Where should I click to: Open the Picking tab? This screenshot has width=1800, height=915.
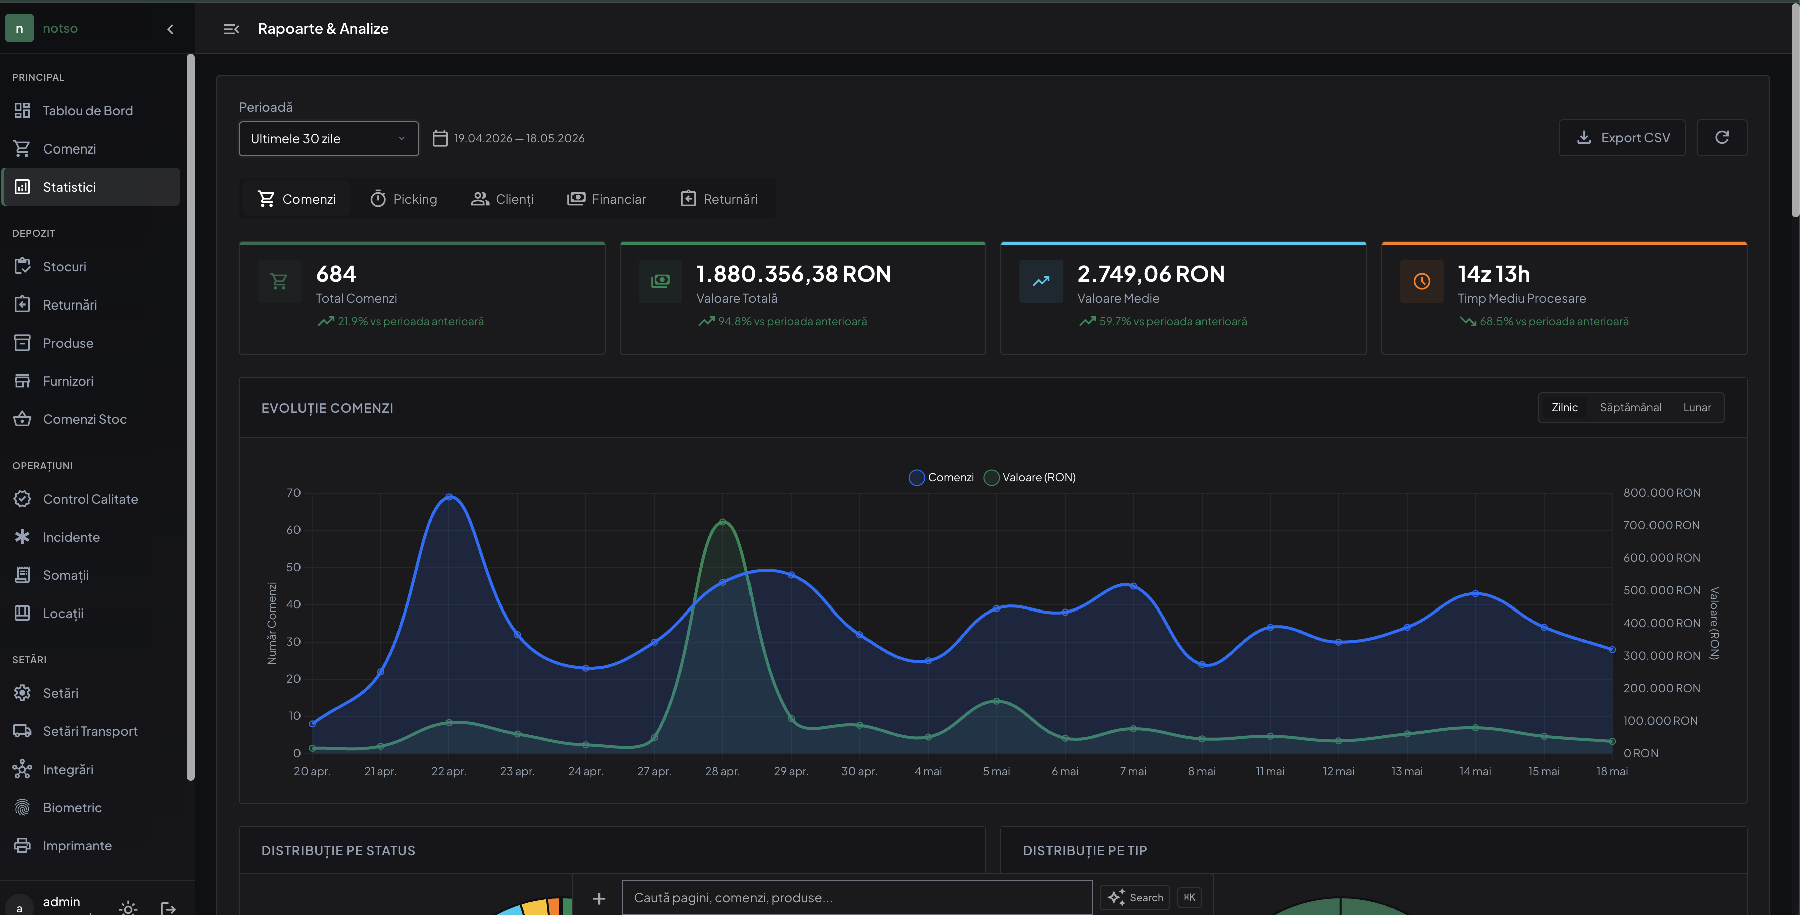(x=403, y=199)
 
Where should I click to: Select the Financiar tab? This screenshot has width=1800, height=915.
(x=606, y=199)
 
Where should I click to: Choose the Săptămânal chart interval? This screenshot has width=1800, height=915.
(x=1630, y=407)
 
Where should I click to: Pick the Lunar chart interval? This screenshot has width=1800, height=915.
(x=1697, y=407)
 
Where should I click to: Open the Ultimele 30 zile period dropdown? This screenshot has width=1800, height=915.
(x=329, y=138)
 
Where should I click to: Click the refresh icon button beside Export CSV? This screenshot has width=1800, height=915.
(x=1722, y=137)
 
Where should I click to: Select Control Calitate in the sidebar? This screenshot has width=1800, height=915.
(x=90, y=499)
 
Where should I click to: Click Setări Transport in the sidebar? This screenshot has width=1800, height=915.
(x=90, y=731)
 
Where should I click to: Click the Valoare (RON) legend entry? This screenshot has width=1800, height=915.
(x=1029, y=477)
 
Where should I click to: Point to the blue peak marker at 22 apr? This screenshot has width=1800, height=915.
(x=448, y=497)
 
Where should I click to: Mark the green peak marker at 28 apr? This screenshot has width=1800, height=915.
(x=722, y=522)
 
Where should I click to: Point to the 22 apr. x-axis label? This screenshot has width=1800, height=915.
(x=448, y=771)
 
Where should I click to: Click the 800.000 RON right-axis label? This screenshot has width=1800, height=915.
(x=1662, y=493)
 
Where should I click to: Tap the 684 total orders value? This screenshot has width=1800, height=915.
(x=336, y=274)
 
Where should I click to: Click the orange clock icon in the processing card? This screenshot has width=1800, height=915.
(x=1421, y=281)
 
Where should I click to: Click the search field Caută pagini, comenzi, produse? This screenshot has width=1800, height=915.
(x=857, y=897)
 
